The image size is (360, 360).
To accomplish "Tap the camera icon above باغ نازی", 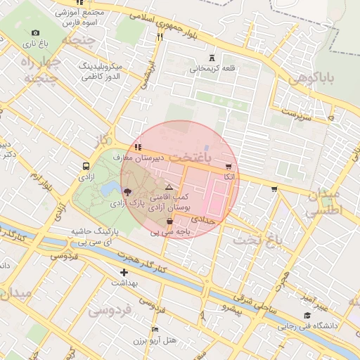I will point(36,32).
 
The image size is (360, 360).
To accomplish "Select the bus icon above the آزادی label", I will point(86,167).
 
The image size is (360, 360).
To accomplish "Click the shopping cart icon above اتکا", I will point(229,167).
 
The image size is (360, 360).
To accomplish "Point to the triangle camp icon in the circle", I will point(169,188).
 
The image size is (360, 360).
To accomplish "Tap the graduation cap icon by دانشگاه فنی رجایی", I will point(307,316).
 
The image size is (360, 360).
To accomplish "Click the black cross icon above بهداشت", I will point(124,271).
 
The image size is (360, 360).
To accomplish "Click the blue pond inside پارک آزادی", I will point(110,189).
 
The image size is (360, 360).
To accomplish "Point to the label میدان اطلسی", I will point(324,201).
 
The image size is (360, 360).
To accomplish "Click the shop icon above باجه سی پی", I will point(170,221).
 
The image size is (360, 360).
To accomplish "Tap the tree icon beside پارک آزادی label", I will point(127,191).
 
